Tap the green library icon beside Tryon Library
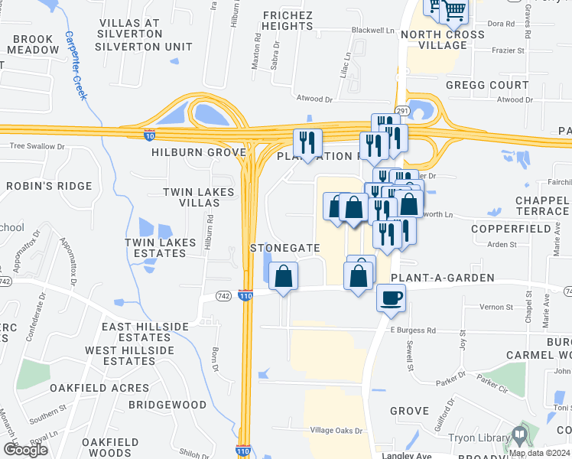tap(520, 437)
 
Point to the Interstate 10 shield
tap(150, 135)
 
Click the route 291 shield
tap(403, 111)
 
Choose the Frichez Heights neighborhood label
tap(288, 21)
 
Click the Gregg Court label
tap(487, 85)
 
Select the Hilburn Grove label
tap(187, 152)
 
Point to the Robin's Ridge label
tap(49, 186)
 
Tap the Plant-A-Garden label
tap(443, 278)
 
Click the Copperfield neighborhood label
tap(511, 229)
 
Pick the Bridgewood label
tap(167, 404)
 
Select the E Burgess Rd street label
tap(413, 330)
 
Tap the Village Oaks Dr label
tap(337, 431)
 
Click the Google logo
tap(25, 449)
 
